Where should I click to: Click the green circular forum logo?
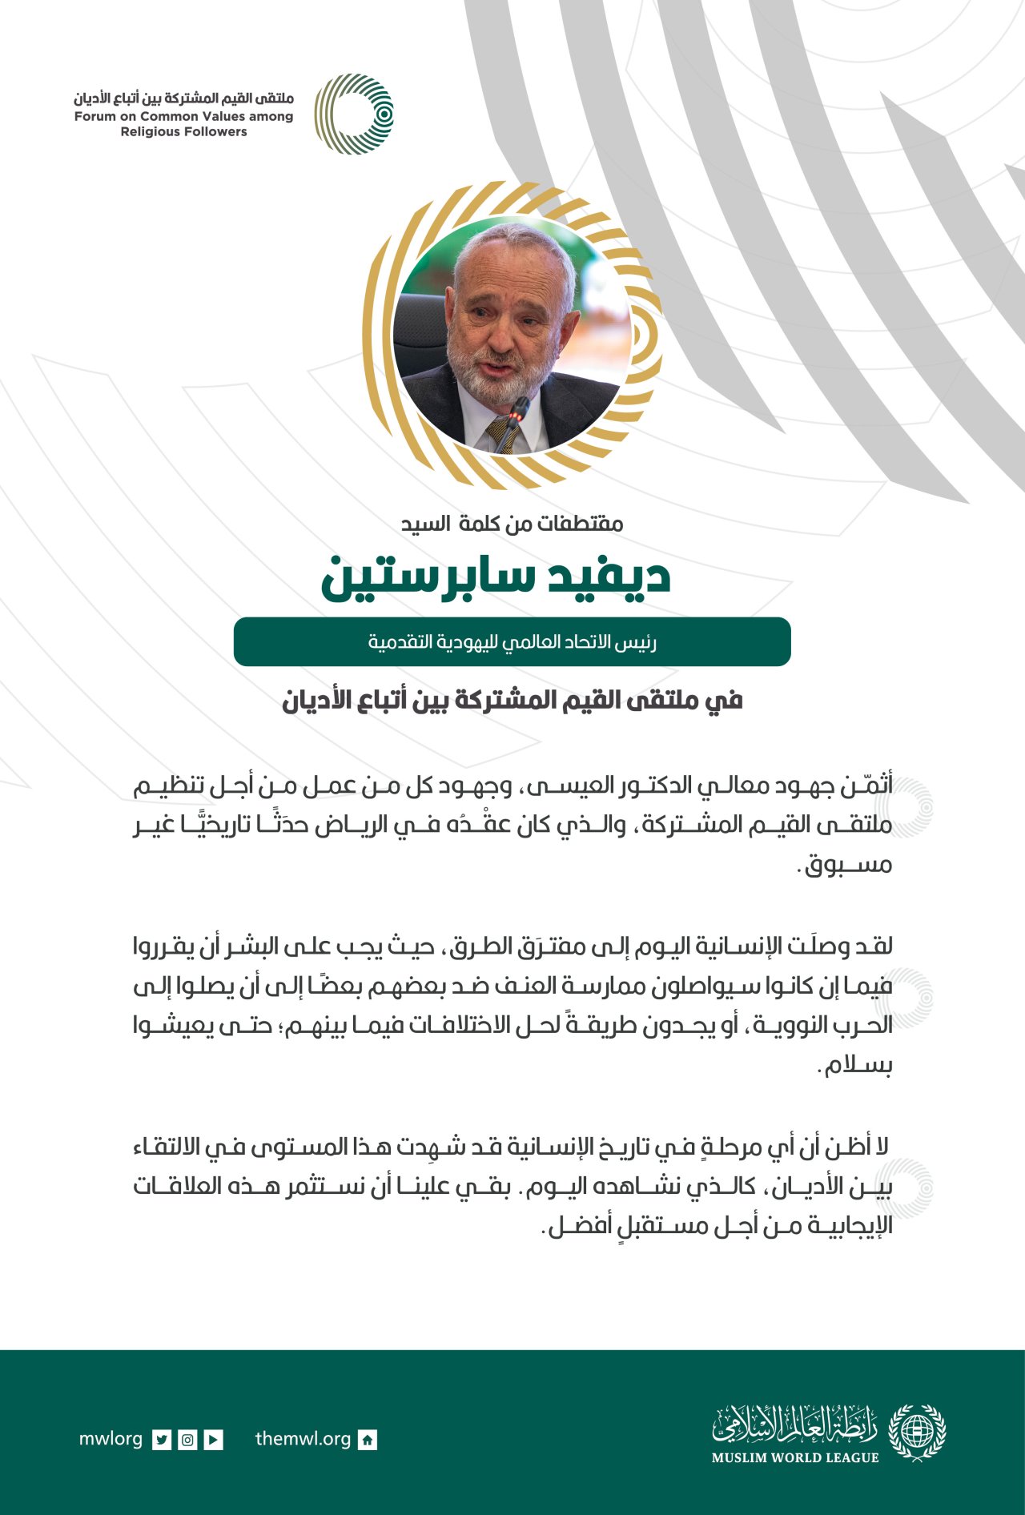[354, 114]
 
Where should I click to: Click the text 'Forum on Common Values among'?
[183, 117]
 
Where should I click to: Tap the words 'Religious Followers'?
[183, 132]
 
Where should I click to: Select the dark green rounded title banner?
[512, 641]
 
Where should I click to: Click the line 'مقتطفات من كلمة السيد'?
[512, 524]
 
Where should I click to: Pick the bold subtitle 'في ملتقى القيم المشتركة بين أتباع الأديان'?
[512, 701]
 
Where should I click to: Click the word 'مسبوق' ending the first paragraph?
[848, 865]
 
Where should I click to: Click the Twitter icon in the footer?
[163, 1440]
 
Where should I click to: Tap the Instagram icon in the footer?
[187, 1440]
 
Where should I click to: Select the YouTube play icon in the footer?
[213, 1440]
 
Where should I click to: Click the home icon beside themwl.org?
[368, 1440]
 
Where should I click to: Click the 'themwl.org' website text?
[303, 1439]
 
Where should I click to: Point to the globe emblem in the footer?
[918, 1432]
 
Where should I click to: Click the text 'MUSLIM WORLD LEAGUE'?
[795, 1458]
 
